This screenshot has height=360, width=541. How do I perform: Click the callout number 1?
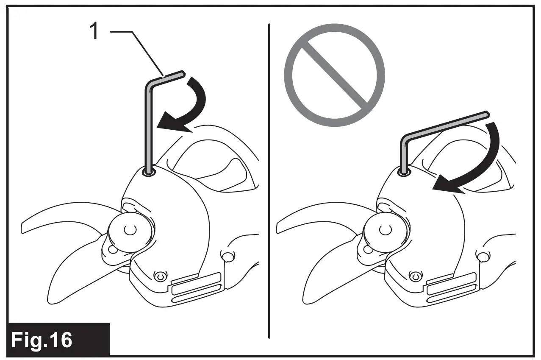tap(95, 32)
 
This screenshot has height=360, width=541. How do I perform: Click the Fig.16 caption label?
tap(42, 340)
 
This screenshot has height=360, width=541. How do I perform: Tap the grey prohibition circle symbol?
tap(334, 75)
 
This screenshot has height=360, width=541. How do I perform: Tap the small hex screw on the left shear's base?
tap(159, 276)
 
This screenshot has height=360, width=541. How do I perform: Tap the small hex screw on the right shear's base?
tap(415, 276)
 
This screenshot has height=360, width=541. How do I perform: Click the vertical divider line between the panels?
tap(269, 182)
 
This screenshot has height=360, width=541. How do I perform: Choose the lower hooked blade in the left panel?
tap(72, 271)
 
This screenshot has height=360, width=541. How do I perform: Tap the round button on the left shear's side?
tap(227, 257)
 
